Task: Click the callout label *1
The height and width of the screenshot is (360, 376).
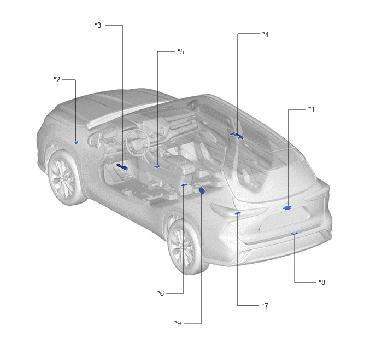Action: point(311,109)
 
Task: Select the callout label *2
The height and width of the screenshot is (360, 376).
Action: point(57,79)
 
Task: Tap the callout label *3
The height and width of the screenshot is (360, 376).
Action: point(98,25)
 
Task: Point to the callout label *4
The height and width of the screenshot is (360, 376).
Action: point(266,34)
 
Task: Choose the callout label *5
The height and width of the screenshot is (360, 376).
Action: point(181,51)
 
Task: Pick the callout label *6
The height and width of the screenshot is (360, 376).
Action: point(161,293)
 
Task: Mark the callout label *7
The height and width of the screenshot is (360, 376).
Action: point(265,306)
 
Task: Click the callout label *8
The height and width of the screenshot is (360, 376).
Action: point(322,282)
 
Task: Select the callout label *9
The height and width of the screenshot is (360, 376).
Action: point(178,323)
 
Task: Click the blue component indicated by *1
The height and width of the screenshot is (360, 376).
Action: point(287,207)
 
